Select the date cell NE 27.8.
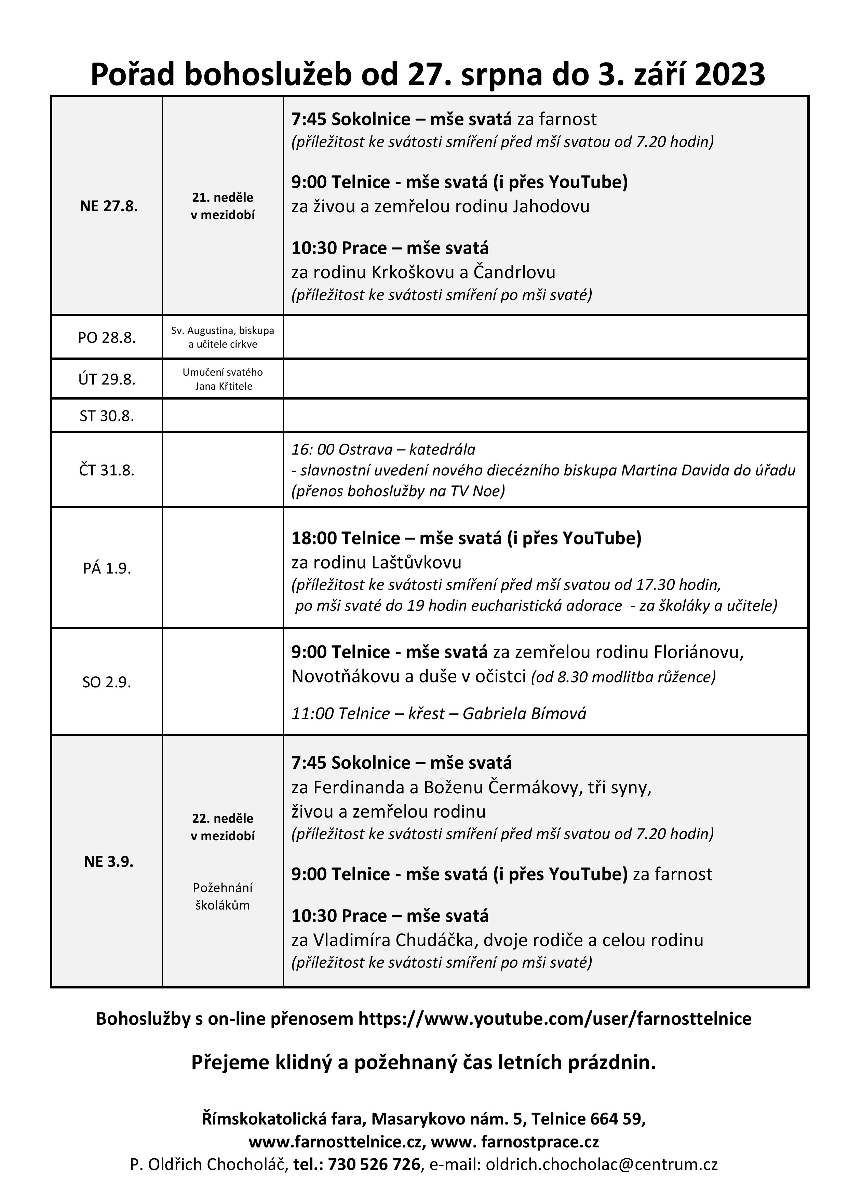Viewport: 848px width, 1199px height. coord(109,206)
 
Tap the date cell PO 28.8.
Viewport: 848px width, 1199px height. coord(107,338)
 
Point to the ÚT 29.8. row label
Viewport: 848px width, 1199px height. coord(107,379)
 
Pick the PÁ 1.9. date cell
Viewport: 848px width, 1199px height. coord(107,568)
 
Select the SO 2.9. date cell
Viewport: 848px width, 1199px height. coord(107,682)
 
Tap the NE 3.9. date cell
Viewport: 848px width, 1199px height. coord(109,861)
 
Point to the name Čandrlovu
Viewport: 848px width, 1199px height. coord(514,272)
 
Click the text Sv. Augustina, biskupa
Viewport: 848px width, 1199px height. coord(223,331)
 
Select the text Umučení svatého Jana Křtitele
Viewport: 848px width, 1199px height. coord(223,379)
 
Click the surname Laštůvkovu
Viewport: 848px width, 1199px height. coord(417,563)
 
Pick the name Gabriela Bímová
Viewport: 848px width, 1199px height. coord(524,713)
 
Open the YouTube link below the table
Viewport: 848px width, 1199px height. coord(554,1018)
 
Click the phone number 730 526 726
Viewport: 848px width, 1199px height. coord(374,1164)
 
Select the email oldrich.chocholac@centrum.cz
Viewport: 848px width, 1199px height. coord(602,1164)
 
